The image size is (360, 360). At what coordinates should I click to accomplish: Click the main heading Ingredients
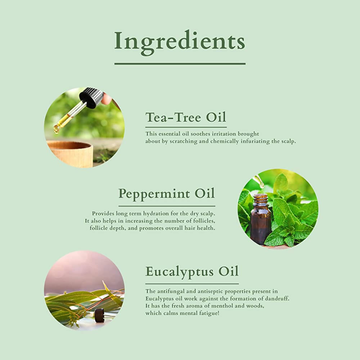point(180,42)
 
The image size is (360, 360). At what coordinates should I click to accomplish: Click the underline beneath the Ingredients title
point(180,64)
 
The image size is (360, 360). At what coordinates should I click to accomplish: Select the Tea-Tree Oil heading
point(186,117)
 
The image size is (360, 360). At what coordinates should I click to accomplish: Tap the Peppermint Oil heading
point(167,194)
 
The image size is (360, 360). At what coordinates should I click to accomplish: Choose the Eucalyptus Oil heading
point(192,271)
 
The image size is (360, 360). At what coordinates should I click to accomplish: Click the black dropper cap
point(91,97)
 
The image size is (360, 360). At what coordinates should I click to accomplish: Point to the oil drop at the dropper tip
point(56,130)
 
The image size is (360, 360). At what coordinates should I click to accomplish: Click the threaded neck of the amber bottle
point(261,198)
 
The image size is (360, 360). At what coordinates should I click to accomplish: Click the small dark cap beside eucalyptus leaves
point(99,312)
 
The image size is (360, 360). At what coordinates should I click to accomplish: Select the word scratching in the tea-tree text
point(184,141)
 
